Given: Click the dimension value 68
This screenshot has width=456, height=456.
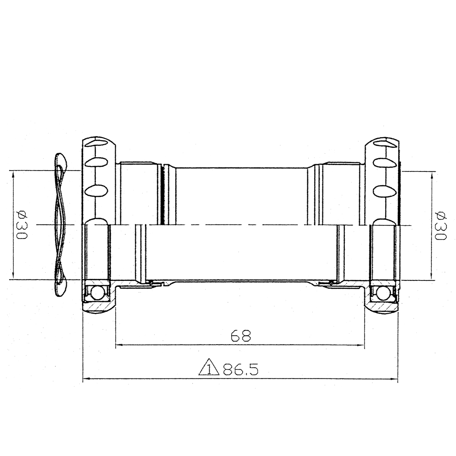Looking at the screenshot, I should (x=241, y=336).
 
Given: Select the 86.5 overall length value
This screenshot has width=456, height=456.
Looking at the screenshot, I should (x=240, y=369).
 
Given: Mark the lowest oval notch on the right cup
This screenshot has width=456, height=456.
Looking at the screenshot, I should (x=383, y=189).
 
